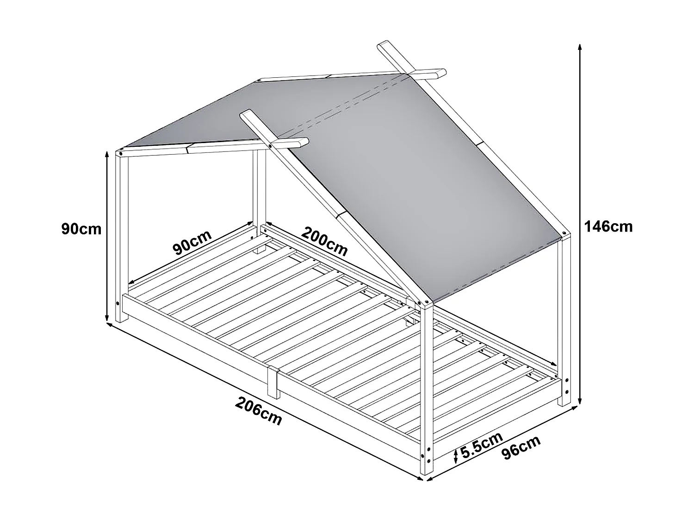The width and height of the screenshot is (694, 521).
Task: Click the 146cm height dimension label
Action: coord(608,227)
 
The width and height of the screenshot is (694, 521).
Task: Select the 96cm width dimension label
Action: coord(521,447)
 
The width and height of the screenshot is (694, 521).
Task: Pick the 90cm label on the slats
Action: coord(192,243)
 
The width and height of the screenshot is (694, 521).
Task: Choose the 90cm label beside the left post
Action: coord(81,229)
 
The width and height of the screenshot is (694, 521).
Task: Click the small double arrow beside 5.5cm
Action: coord(456,456)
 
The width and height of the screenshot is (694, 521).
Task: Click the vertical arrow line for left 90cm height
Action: coord(107,236)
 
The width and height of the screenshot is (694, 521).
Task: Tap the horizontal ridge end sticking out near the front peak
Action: coord(296,143)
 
